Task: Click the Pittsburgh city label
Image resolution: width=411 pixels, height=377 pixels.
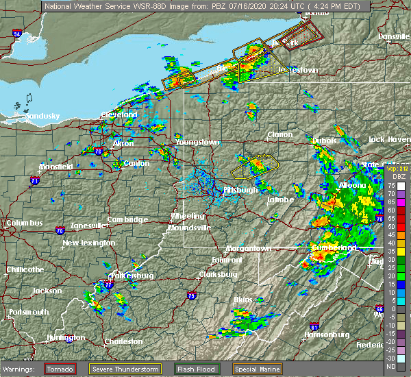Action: point(240,190)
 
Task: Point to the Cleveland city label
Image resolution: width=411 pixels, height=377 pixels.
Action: point(120,114)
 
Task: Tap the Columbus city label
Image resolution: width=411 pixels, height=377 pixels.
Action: point(25,223)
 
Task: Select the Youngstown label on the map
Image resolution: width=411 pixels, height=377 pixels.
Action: point(197,142)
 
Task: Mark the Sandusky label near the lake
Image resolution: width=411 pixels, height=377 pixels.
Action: point(42,117)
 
